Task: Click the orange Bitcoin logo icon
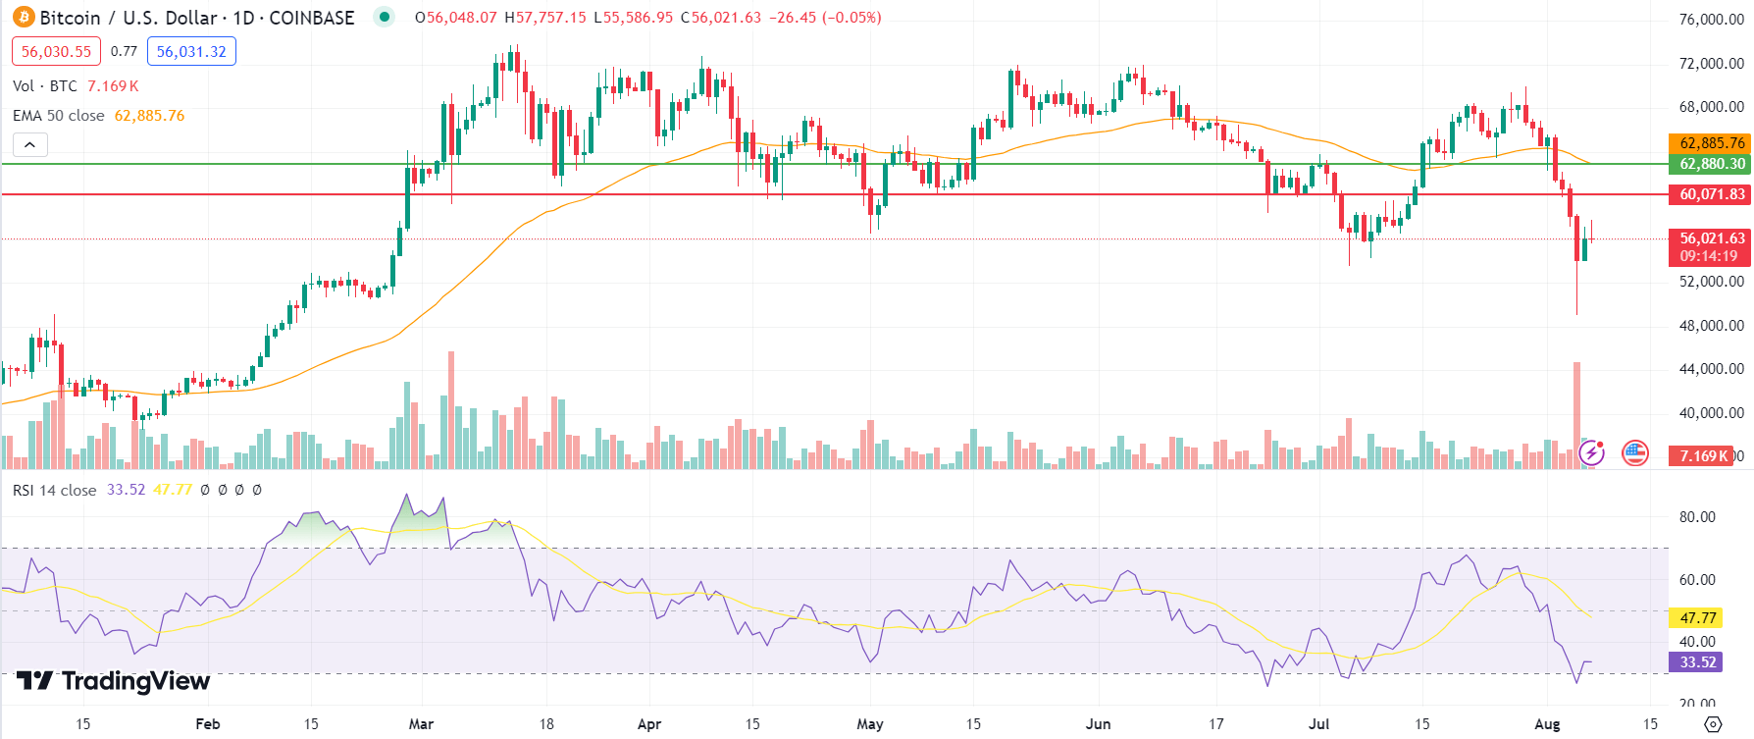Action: pos(23,18)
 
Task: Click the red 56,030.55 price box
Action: pos(56,52)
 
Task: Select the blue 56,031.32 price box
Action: pos(191,52)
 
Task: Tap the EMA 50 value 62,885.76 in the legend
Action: pos(149,116)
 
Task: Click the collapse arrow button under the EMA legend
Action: pos(30,145)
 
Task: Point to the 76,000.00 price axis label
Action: pos(1711,20)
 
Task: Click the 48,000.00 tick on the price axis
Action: pos(1711,326)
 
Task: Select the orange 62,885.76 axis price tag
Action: pos(1712,143)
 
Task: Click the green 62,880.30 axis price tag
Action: pos(1712,164)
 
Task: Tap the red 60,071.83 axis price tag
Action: pos(1712,194)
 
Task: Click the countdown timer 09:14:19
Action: pos(1708,256)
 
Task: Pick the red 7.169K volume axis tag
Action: pos(1704,455)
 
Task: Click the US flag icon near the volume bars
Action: pos(1635,453)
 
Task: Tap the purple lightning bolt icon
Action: pos(1591,453)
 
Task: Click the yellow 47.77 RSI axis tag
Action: pos(1698,618)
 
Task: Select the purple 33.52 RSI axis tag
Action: pos(1698,662)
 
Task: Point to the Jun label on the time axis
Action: pos(1099,724)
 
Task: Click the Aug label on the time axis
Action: pos(1547,724)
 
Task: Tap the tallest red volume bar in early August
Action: pos(1577,412)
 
